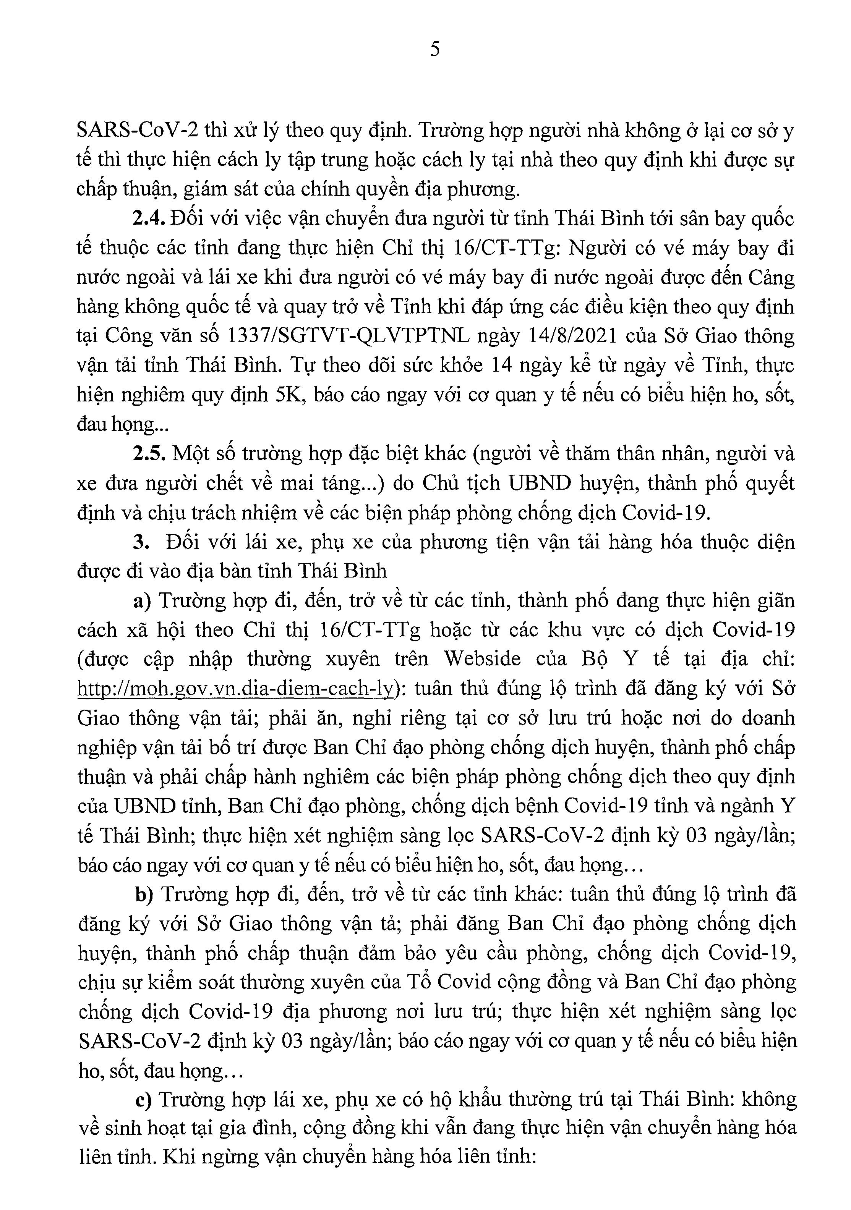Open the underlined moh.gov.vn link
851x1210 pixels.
coord(235,689)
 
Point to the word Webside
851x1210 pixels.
coord(482,659)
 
